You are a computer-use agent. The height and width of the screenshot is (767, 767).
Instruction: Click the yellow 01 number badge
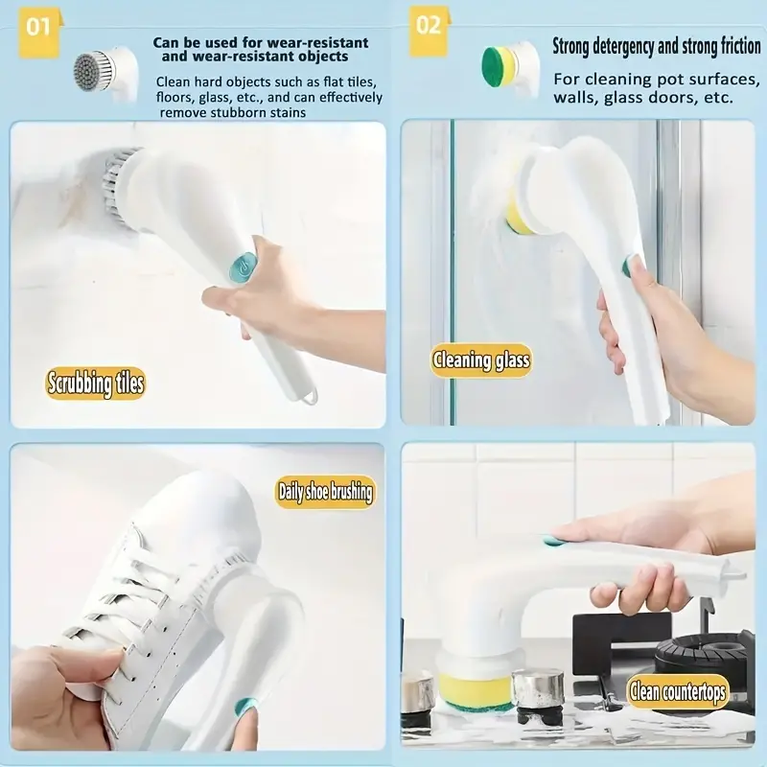point(39,31)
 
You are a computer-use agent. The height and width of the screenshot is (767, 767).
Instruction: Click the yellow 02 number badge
point(429,31)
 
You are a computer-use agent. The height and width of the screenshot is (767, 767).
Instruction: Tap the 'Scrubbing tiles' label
point(96,383)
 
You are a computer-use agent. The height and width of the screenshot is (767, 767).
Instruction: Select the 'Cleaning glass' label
point(481,360)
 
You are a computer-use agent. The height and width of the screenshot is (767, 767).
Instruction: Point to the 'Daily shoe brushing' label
point(325,492)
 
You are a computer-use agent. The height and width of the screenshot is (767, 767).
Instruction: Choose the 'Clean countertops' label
point(678,691)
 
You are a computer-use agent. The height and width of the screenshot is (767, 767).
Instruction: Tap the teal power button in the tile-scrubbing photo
point(244,267)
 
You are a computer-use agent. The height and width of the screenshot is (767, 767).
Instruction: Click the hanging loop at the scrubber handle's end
point(309,396)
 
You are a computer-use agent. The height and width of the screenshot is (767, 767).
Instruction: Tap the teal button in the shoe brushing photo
point(245,706)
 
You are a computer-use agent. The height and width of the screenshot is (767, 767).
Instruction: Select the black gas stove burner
point(705,657)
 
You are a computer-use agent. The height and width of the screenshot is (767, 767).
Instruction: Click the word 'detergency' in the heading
point(622,47)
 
